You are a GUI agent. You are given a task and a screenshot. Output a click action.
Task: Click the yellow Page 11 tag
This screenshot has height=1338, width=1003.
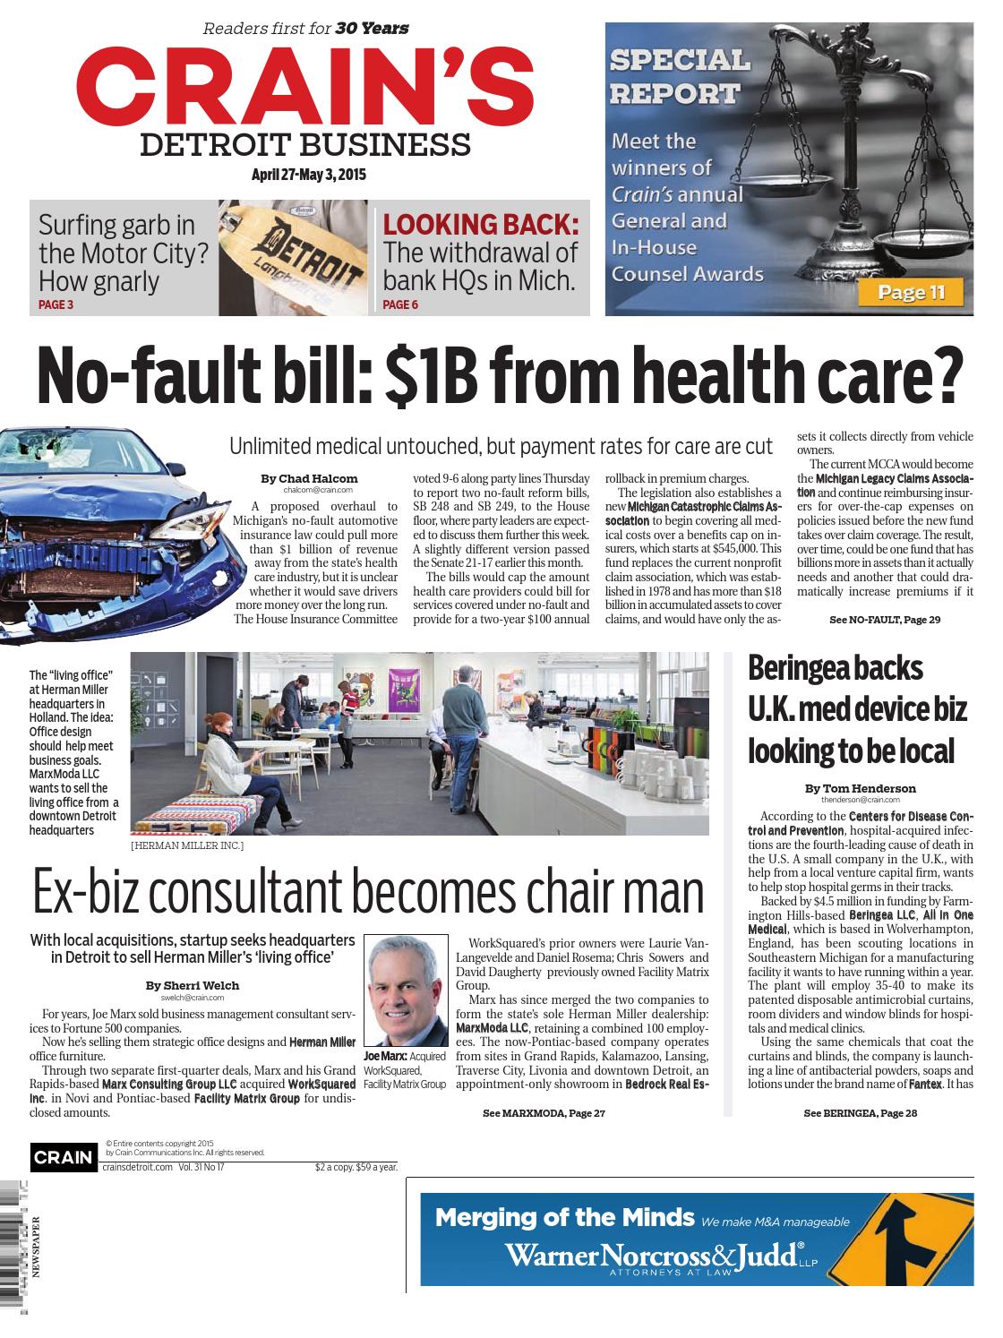[911, 292]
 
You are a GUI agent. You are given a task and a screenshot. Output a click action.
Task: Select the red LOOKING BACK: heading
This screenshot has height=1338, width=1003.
[481, 225]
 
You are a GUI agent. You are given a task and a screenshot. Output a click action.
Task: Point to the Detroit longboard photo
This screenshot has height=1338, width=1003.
[294, 258]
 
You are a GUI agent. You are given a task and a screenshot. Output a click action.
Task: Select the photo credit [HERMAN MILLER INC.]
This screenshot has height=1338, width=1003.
[186, 845]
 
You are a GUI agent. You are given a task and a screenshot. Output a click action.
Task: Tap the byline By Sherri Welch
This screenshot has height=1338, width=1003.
[193, 985]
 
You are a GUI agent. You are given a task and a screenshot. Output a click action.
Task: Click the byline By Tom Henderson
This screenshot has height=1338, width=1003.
[860, 788]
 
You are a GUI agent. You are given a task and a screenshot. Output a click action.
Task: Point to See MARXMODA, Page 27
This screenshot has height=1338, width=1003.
[544, 1113]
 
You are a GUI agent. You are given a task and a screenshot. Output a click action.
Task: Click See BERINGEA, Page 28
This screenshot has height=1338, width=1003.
[861, 1113]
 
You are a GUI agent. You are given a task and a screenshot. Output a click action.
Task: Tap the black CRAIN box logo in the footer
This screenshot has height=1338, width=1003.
[63, 1157]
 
